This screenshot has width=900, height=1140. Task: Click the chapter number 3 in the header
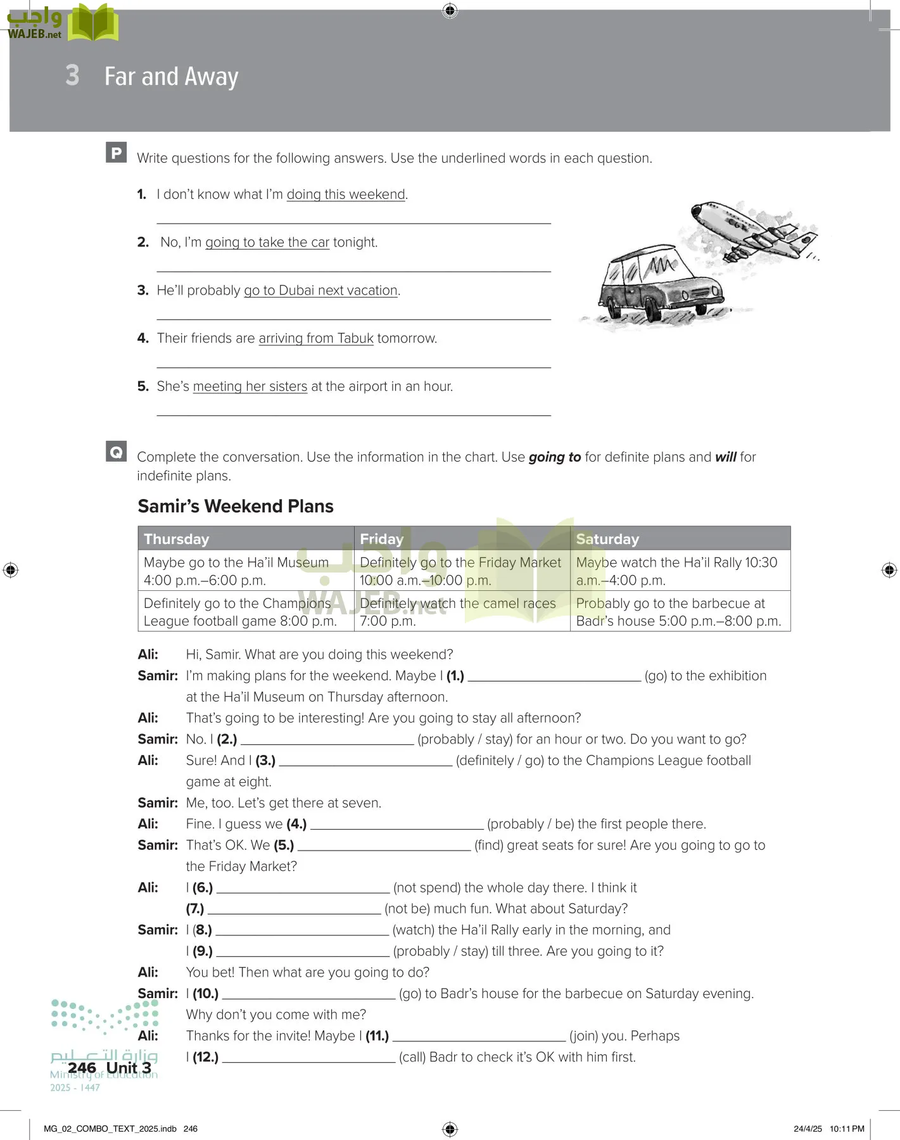click(x=72, y=75)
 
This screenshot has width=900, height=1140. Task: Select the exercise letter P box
click(x=117, y=153)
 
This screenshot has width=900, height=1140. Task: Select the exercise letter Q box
click(x=117, y=452)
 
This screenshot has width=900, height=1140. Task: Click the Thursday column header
click(x=177, y=539)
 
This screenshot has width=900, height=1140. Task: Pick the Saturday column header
click(x=607, y=539)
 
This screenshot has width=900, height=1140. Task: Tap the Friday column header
click(x=381, y=539)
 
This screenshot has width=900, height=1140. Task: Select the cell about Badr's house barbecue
click(x=679, y=612)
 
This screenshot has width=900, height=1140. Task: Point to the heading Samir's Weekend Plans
click(x=236, y=506)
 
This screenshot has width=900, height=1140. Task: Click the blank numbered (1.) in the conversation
click(x=554, y=676)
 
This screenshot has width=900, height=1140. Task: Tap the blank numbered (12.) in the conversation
click(x=308, y=1057)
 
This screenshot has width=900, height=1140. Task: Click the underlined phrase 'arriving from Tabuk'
click(x=316, y=338)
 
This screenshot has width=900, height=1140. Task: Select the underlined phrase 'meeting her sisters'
click(x=250, y=386)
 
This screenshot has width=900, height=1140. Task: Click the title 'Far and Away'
click(x=171, y=76)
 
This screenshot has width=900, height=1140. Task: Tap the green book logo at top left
click(x=93, y=23)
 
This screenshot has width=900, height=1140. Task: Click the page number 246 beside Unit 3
click(x=82, y=1068)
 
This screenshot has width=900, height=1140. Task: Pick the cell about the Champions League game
click(x=244, y=612)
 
